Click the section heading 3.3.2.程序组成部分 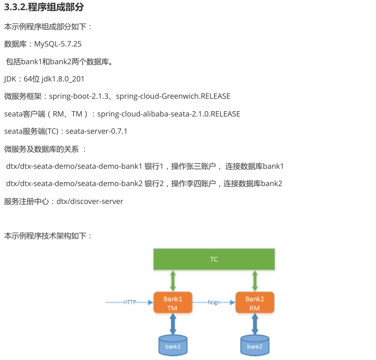(44, 8)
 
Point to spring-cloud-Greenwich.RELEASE (173, 96)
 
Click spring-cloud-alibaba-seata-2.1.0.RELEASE (168, 114)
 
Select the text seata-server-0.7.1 (97, 131)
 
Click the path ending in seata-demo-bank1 (74, 166)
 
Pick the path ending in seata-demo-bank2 (74, 184)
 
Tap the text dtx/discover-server (90, 201)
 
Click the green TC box (214, 259)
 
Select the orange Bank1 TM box (173, 303)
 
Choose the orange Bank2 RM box (255, 303)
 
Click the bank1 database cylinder (173, 346)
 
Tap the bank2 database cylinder (255, 346)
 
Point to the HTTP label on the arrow (130, 302)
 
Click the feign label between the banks (214, 302)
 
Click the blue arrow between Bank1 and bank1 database (173, 324)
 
